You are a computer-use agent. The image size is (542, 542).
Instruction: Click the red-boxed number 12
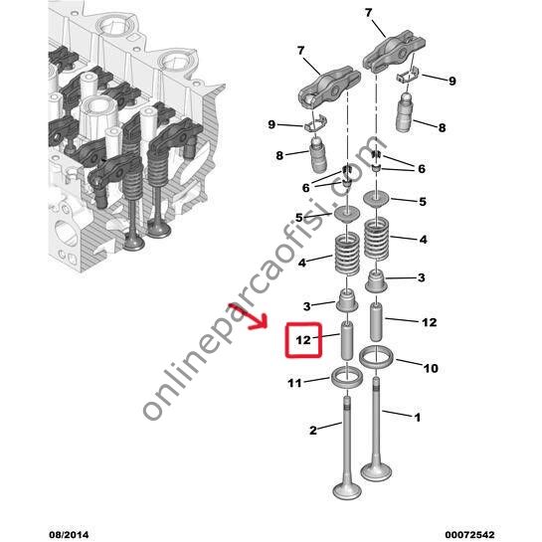(x=303, y=340)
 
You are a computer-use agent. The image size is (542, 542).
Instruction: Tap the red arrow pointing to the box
(x=249, y=317)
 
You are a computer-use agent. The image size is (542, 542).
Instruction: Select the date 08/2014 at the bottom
(x=69, y=535)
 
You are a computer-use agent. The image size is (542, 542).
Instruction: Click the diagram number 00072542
(x=469, y=535)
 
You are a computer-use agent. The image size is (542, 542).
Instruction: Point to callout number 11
(x=294, y=383)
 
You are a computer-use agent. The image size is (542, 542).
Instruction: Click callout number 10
(x=431, y=368)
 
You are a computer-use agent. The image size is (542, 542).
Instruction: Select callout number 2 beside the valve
(x=313, y=431)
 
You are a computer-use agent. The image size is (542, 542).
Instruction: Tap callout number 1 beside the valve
(x=418, y=418)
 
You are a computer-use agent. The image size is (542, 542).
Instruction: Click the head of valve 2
(x=347, y=489)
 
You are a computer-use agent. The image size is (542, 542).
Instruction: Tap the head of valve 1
(x=376, y=471)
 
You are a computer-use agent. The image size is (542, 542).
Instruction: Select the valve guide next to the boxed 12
(x=347, y=340)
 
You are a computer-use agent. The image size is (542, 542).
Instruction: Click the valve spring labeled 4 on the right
(x=377, y=240)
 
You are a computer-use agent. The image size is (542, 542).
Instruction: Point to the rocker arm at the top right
(x=394, y=51)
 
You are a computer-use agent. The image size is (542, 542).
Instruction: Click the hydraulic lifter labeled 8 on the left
(x=317, y=154)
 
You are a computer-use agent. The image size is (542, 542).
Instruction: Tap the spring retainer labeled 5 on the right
(x=377, y=200)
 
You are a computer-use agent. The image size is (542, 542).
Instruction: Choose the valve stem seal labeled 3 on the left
(x=347, y=301)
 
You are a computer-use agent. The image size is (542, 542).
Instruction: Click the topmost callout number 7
(x=369, y=13)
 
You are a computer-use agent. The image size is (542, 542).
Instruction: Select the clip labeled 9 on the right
(x=407, y=77)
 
